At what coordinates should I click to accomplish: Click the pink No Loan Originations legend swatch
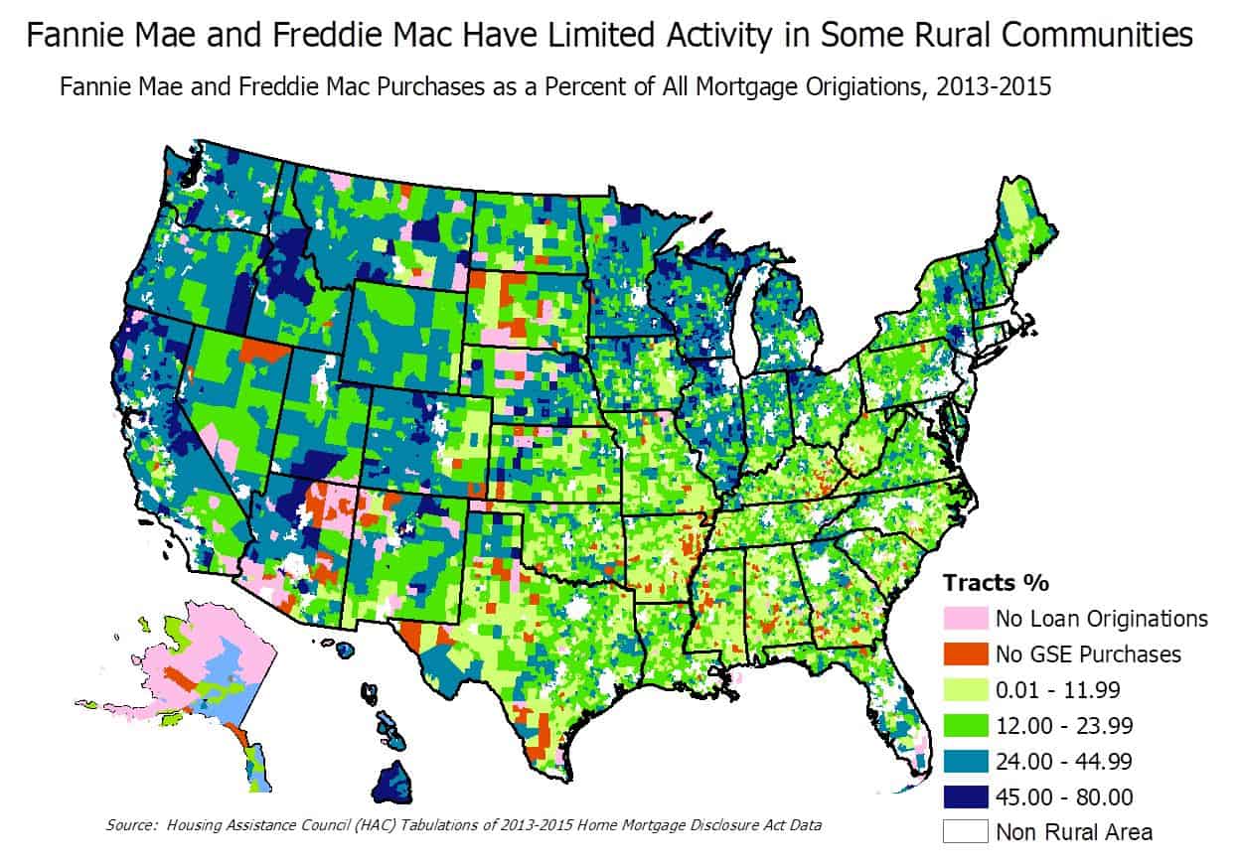pyautogui.click(x=966, y=618)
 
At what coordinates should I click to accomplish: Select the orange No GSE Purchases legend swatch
pyautogui.click(x=966, y=653)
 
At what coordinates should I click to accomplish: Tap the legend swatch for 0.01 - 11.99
pyautogui.click(x=966, y=689)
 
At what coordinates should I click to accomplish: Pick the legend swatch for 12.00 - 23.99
pyautogui.click(x=966, y=725)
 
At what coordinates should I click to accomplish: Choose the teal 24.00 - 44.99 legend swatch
pyautogui.click(x=966, y=761)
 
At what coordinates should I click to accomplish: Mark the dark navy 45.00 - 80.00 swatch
pyautogui.click(x=966, y=796)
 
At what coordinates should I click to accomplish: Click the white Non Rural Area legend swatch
pyautogui.click(x=966, y=831)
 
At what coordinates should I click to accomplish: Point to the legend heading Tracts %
pyautogui.click(x=996, y=583)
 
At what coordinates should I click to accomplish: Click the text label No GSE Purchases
pyautogui.click(x=1088, y=653)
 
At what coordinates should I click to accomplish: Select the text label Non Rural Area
pyautogui.click(x=1074, y=831)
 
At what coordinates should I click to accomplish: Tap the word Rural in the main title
pyautogui.click(x=950, y=37)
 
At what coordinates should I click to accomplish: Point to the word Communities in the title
pyautogui.click(x=1098, y=37)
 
